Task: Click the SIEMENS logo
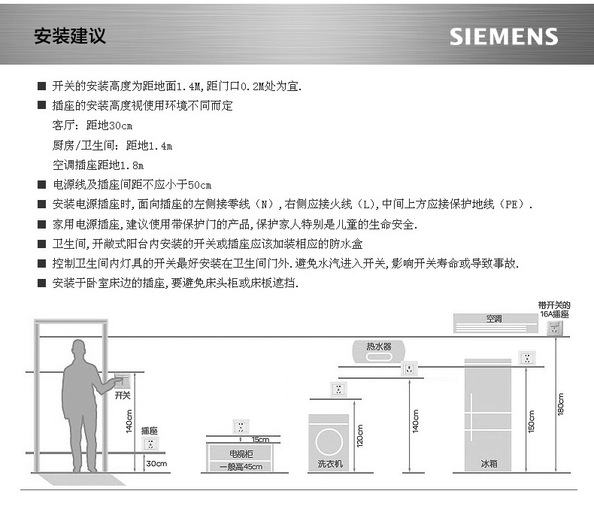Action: pyautogui.click(x=504, y=37)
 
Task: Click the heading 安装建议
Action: pyautogui.click(x=70, y=36)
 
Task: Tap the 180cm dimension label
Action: pyautogui.click(x=561, y=404)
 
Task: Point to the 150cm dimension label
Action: pyautogui.click(x=532, y=422)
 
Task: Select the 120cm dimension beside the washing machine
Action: pyautogui.click(x=360, y=436)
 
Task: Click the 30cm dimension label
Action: pyautogui.click(x=157, y=464)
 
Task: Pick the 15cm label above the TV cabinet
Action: pyautogui.click(x=260, y=439)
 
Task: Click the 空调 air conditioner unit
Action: pyautogui.click(x=496, y=323)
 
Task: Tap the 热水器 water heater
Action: pyautogui.click(x=378, y=351)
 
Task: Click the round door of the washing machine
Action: pyautogui.click(x=329, y=441)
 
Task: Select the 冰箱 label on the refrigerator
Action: pyautogui.click(x=489, y=464)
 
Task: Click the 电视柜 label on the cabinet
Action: pyautogui.click(x=241, y=453)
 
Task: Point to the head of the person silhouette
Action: pyautogui.click(x=79, y=349)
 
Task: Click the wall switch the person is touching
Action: pyautogui.click(x=122, y=381)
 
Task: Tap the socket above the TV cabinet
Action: pyautogui.click(x=241, y=427)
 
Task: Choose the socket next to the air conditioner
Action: pyautogui.click(x=555, y=328)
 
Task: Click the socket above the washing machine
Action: pyautogui.click(x=338, y=389)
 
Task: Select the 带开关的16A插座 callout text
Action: pyautogui.click(x=554, y=310)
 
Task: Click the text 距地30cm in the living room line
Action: pyautogui.click(x=109, y=126)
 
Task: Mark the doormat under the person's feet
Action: pyautogui.click(x=82, y=479)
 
